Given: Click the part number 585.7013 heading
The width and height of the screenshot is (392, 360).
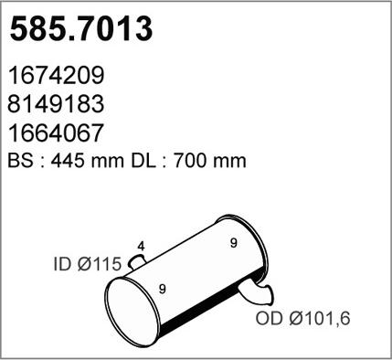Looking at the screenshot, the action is coord(80,29).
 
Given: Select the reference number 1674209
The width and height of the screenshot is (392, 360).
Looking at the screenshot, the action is coord(56,75).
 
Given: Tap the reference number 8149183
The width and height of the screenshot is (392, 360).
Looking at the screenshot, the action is coord(56,103).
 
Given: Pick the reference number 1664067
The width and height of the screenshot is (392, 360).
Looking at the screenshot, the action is coord(56,132).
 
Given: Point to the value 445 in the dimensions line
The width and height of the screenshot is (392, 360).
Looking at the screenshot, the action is coord(67,160).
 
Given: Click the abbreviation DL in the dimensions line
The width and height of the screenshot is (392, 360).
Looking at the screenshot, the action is coord(143,160).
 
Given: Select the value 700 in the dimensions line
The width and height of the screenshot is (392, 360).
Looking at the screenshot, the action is coord(189,160).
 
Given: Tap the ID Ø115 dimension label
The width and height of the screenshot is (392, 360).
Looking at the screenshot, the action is coord(88,264).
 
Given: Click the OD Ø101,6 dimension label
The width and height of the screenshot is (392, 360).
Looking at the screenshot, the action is coord(302,319).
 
